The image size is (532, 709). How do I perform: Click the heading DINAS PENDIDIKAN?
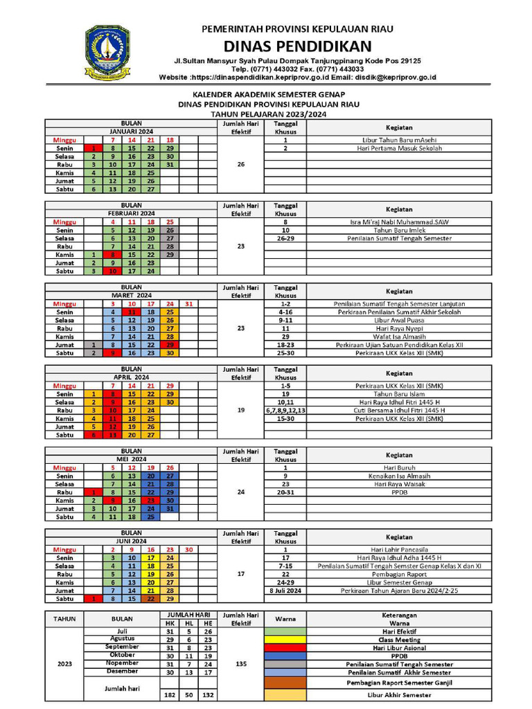[297, 46]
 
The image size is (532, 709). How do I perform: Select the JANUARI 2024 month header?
[132, 132]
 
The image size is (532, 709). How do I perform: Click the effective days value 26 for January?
[240, 165]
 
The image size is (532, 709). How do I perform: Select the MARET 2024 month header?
[132, 295]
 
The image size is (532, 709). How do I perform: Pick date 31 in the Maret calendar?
[189, 303]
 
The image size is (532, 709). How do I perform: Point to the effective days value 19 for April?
[240, 410]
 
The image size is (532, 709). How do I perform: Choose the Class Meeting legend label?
[399, 640]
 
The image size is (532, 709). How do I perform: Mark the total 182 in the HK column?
[169, 694]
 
